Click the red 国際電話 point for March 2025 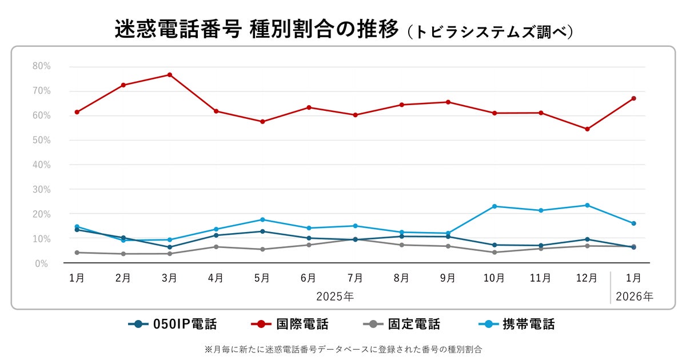(170, 75)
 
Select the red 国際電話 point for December (587, 129)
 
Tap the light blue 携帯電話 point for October (494, 206)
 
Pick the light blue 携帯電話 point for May (262, 219)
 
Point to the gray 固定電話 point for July (355, 239)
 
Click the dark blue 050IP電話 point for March (170, 247)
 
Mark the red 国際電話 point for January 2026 (633, 98)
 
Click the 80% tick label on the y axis (42, 66)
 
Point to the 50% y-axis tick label (42, 140)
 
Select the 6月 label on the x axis (309, 278)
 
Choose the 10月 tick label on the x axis (494, 278)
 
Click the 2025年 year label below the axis (335, 297)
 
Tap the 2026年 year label (634, 297)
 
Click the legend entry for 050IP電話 (173, 325)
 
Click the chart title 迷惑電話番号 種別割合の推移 (256, 30)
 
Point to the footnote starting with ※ (343, 349)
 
